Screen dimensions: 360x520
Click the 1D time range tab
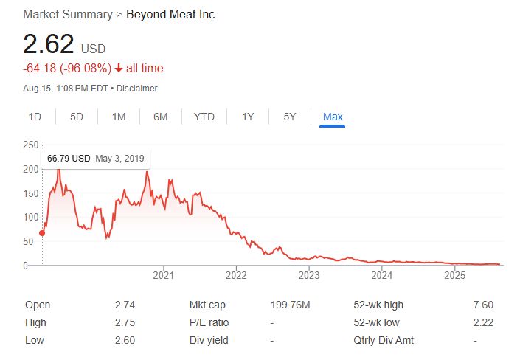(35, 117)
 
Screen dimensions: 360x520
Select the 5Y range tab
(290, 117)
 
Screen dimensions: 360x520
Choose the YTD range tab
(204, 117)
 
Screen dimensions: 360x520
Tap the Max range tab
(333, 117)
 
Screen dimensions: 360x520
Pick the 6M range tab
(161, 117)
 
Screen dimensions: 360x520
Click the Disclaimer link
(138, 89)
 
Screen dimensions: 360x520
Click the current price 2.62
(49, 45)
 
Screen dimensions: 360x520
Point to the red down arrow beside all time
(119, 69)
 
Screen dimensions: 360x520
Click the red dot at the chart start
(42, 233)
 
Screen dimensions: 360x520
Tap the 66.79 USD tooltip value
(69, 159)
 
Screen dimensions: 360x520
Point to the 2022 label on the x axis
(236, 276)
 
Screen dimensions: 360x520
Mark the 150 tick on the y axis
(30, 193)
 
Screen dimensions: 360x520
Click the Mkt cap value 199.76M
(291, 305)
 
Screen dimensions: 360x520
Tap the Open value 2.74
(125, 305)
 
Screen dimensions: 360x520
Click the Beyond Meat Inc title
(170, 15)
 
